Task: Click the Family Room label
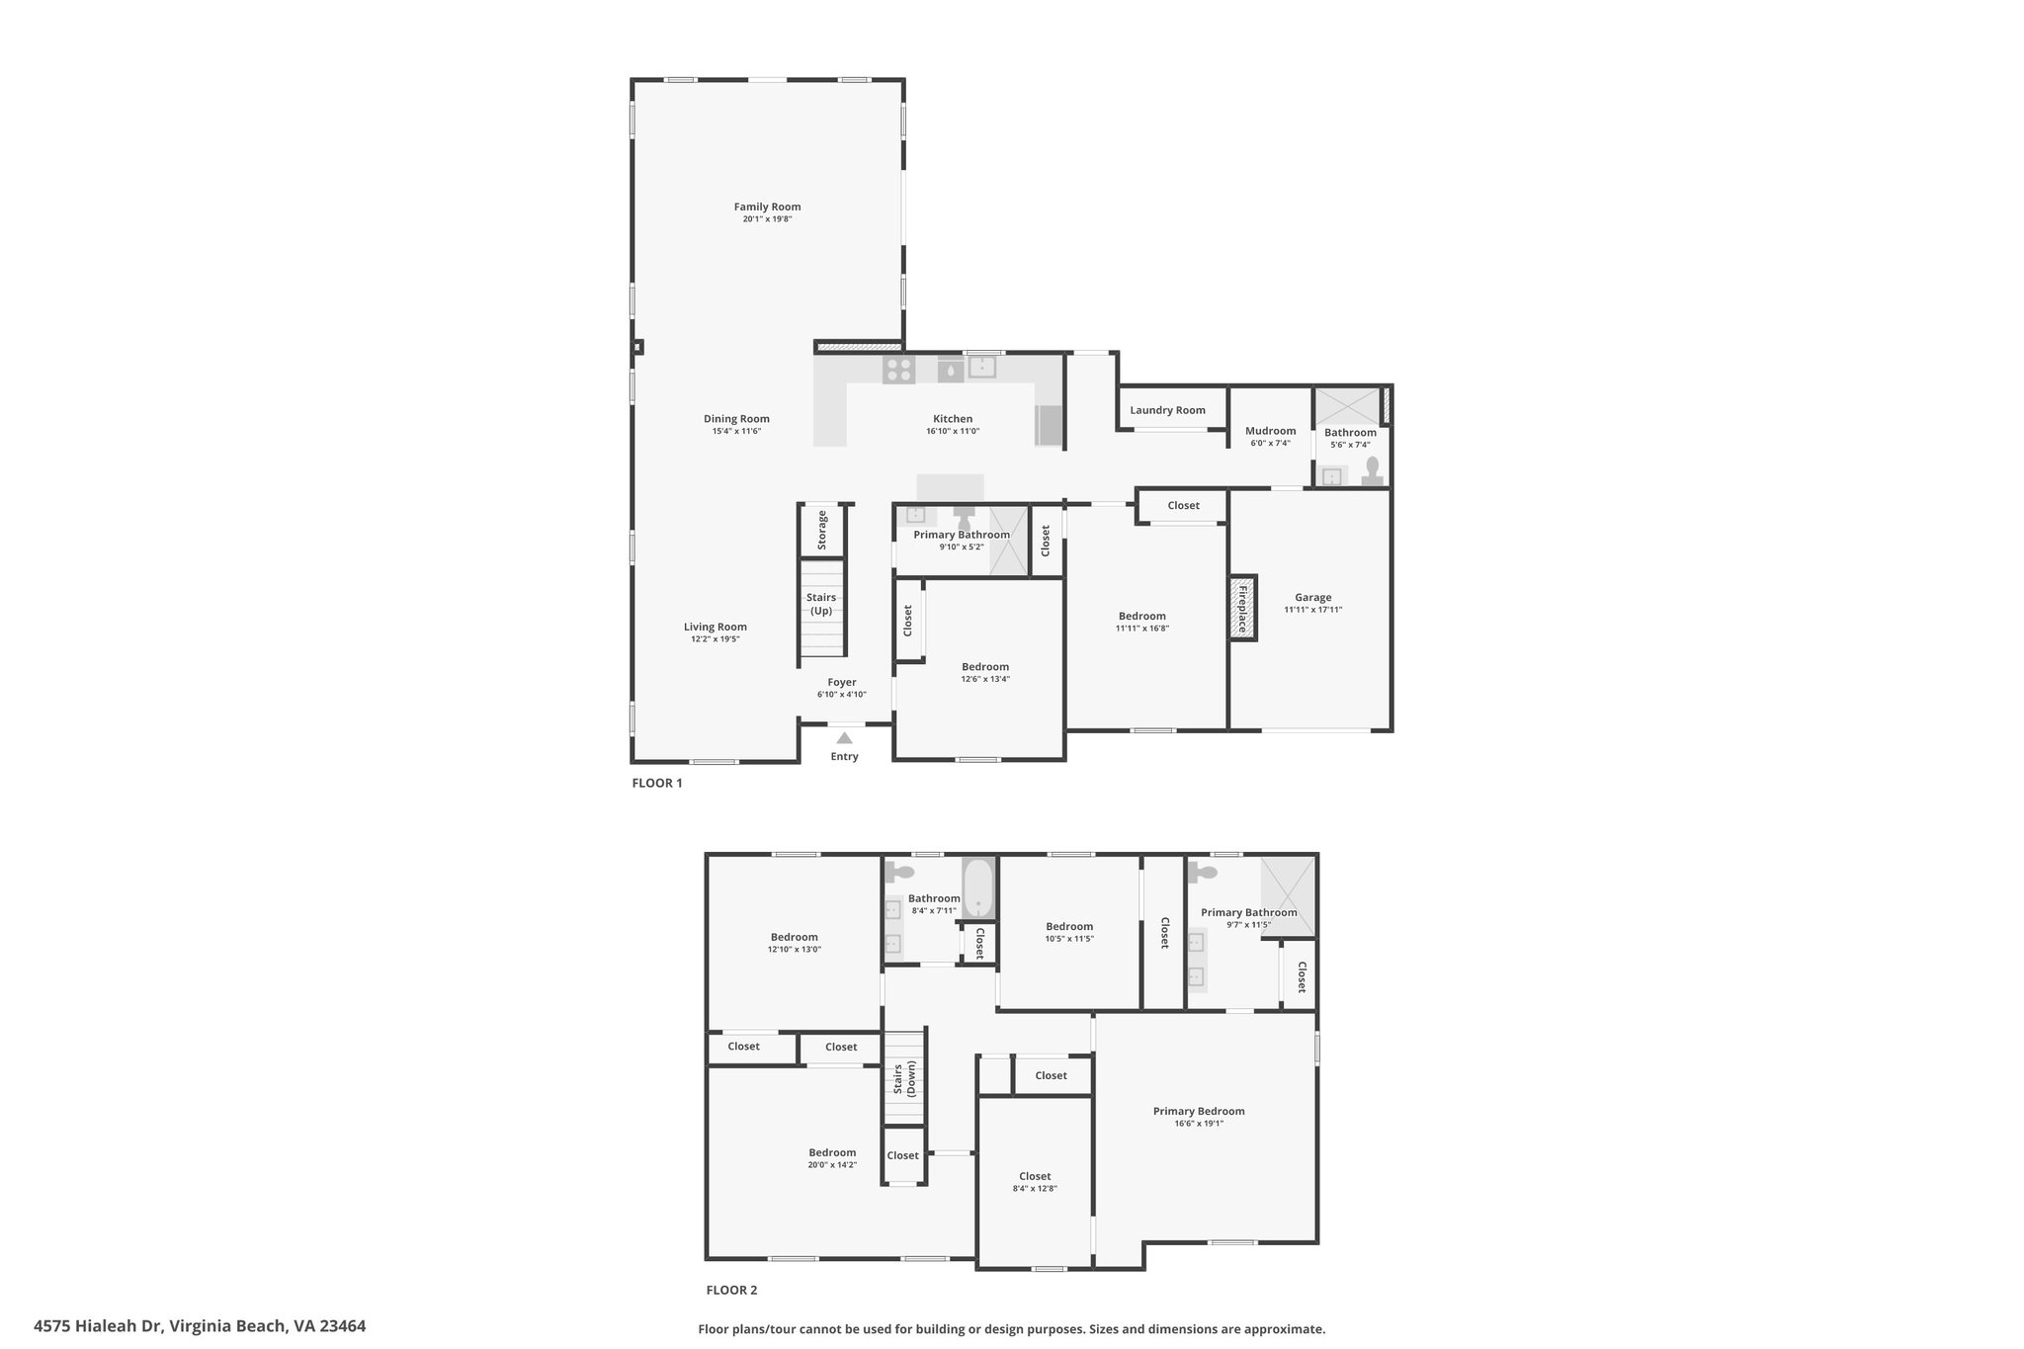(767, 207)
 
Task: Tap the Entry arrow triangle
(844, 737)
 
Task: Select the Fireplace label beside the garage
(1243, 608)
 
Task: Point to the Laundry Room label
(1168, 410)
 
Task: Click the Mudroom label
(1271, 431)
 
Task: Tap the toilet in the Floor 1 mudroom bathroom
(1373, 470)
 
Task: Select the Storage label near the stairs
(822, 530)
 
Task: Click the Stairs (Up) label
(821, 604)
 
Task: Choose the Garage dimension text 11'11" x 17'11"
(1313, 610)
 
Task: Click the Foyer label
(842, 682)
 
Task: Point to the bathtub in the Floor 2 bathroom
(978, 887)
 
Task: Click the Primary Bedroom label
(1199, 1111)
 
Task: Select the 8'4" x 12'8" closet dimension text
(1035, 1189)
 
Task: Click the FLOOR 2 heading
(731, 1290)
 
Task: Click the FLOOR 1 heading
(657, 783)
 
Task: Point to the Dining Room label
(736, 419)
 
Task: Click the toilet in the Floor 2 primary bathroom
(1203, 873)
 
